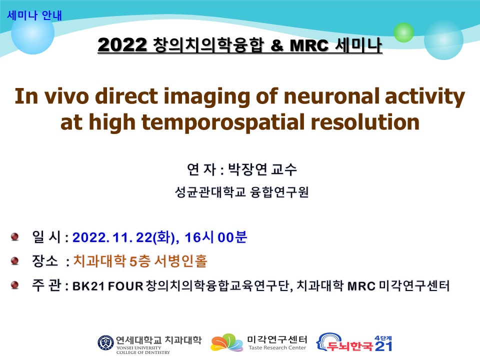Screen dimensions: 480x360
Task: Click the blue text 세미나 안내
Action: [x=34, y=15]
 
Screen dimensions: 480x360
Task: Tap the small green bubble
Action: [x=403, y=32]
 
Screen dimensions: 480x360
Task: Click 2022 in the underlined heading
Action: [x=122, y=44]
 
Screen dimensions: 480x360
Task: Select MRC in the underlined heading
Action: [x=309, y=45]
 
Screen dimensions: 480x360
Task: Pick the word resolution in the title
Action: [x=365, y=122]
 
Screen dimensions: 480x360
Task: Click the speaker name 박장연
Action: [x=247, y=169]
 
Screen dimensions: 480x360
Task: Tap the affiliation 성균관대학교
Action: [x=210, y=192]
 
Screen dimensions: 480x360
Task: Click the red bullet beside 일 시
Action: [x=14, y=236]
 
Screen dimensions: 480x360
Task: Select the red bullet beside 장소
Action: [x=14, y=260]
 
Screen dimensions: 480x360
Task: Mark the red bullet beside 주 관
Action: [x=14, y=285]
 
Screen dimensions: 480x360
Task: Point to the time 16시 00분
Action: [x=216, y=237]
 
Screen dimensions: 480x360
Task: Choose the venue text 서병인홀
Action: [x=180, y=261]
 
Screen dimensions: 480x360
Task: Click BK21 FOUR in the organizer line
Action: [x=108, y=286]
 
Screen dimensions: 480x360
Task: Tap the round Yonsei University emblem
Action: [x=105, y=343]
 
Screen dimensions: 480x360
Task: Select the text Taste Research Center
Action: [x=277, y=348]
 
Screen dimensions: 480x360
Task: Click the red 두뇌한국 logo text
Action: [x=350, y=346]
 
